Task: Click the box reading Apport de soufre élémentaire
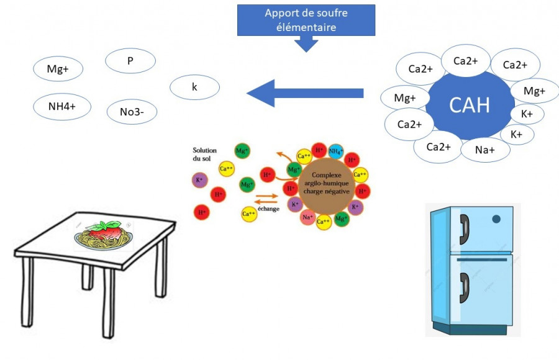click(306, 19)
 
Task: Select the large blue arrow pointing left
click(304, 93)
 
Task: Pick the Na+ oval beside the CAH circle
click(485, 150)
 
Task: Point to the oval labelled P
click(130, 61)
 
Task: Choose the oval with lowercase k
click(194, 88)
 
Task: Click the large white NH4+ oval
click(61, 107)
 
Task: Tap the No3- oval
click(130, 112)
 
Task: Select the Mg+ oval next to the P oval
click(58, 70)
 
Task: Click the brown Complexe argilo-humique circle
click(324, 184)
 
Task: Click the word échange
click(269, 209)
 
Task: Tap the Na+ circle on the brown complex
click(307, 217)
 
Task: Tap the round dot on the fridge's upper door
click(496, 219)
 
